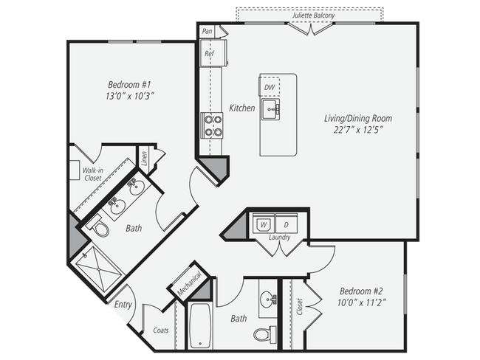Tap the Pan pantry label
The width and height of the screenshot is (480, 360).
pyautogui.click(x=207, y=31)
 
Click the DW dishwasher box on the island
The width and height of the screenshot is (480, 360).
pyautogui.click(x=270, y=87)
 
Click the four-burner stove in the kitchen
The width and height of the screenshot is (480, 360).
pyautogui.click(x=213, y=125)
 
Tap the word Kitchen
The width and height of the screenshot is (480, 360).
pyautogui.click(x=241, y=108)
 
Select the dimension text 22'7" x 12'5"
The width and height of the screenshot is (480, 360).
pyautogui.click(x=357, y=131)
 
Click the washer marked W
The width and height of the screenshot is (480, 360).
pyautogui.click(x=261, y=224)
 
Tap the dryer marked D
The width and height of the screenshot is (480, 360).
pyautogui.click(x=287, y=224)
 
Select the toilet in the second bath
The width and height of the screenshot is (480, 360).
pyautogui.click(x=262, y=333)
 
